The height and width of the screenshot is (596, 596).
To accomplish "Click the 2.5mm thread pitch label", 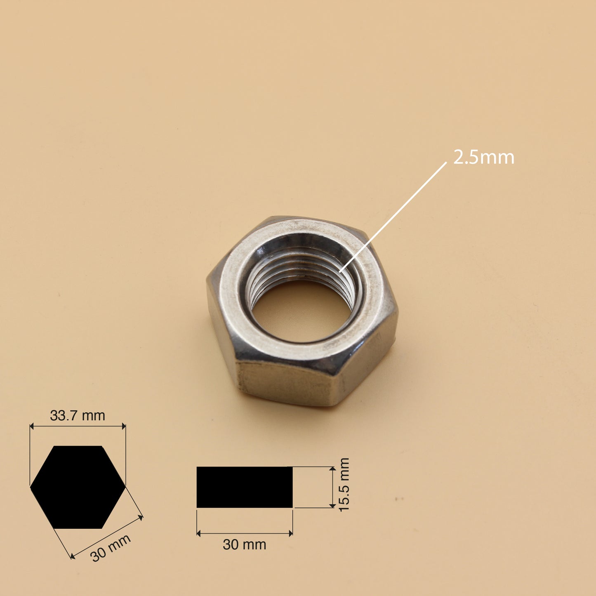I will (x=484, y=158).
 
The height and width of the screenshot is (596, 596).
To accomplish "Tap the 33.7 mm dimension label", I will (x=78, y=415).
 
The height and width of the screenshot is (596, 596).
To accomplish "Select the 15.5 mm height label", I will (x=344, y=485).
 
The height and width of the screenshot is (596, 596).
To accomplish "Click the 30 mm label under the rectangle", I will (x=244, y=544).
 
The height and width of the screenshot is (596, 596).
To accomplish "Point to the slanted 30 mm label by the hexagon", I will (x=110, y=548).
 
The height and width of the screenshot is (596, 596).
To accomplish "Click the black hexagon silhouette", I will (x=78, y=487).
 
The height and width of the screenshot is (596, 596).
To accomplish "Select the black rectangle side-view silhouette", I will (x=244, y=487).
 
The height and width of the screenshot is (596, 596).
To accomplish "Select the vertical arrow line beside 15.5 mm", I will (x=332, y=487).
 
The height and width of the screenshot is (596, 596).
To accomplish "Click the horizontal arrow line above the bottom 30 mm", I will (x=244, y=533).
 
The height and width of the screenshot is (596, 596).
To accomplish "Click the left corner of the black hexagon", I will (x=31, y=487).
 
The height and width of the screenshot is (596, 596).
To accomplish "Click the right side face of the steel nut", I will (x=367, y=363).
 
